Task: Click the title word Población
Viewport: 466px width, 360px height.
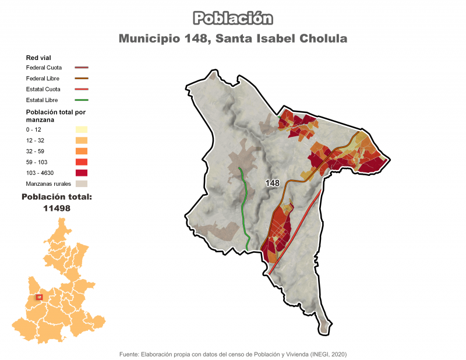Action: [x=233, y=18]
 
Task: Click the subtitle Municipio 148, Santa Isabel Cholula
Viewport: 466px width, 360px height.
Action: [x=233, y=39]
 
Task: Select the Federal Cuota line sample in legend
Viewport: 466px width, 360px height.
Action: [x=81, y=68]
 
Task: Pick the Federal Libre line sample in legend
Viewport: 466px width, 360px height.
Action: [x=81, y=79]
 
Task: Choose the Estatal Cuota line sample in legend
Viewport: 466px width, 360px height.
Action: [x=81, y=90]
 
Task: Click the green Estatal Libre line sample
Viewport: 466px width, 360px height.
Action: [x=81, y=101]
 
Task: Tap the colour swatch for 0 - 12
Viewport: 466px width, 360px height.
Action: [x=81, y=129]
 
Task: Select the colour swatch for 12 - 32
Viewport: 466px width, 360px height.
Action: [x=81, y=140]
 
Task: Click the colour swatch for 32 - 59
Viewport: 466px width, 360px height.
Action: [x=81, y=151]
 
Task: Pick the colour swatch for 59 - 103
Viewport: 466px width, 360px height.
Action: [x=81, y=162]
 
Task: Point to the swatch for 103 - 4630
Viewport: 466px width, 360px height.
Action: [x=81, y=172]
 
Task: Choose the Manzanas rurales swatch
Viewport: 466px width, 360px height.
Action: [x=81, y=183]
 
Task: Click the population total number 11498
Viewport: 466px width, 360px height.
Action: [x=57, y=208]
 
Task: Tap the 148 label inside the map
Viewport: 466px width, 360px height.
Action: [x=272, y=183]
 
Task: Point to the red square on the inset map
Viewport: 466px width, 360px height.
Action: [x=39, y=297]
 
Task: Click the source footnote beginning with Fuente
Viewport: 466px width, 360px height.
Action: [x=233, y=354]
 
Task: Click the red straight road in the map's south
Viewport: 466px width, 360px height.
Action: [x=294, y=233]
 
